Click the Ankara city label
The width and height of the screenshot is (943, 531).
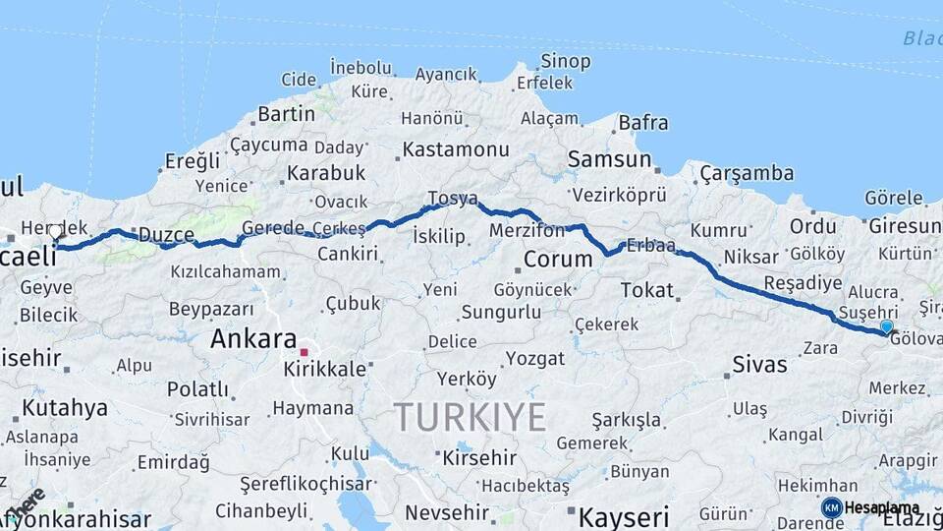click(253, 339)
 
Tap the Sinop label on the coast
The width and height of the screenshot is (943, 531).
click(566, 62)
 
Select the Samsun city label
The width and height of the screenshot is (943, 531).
click(609, 159)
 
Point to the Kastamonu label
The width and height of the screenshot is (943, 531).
click(456, 150)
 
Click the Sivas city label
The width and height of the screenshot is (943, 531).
click(759, 365)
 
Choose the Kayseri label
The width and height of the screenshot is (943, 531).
click(624, 516)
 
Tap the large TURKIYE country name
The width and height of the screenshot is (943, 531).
click(471, 418)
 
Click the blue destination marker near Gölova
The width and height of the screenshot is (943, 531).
click(887, 326)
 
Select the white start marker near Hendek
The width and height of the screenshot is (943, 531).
click(56, 232)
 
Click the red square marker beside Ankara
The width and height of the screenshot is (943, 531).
click(305, 352)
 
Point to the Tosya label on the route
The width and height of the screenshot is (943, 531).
click(452, 200)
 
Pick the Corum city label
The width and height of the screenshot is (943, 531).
click(557, 260)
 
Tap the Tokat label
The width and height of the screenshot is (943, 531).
click(647, 290)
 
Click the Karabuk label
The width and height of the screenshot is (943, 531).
click(326, 173)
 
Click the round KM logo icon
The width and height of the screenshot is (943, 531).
click(831, 507)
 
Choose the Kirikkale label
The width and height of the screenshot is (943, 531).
click(324, 370)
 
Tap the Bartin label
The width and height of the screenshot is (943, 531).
click(286, 114)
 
